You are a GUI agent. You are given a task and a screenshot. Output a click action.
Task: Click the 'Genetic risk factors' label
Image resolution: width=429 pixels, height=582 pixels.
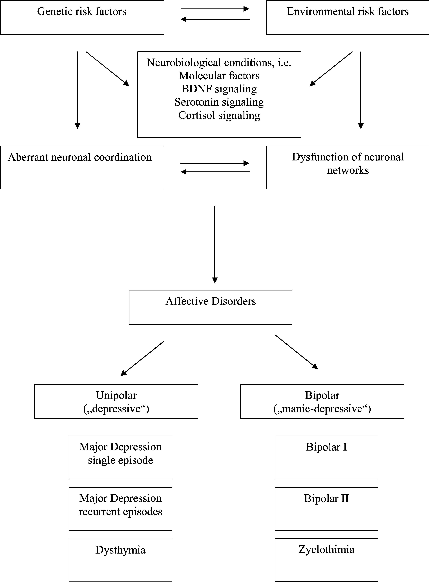pyautogui.click(x=82, y=11)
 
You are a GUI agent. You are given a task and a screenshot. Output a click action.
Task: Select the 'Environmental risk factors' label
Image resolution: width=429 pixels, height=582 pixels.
pyautogui.click(x=348, y=11)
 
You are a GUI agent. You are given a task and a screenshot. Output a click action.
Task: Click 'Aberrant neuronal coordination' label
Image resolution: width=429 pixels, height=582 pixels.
pyautogui.click(x=80, y=157)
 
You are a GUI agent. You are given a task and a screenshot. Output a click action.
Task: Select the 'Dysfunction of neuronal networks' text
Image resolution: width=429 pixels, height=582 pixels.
pyautogui.click(x=348, y=164)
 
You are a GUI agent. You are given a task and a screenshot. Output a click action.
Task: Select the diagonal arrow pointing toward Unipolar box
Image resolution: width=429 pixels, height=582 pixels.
pyautogui.click(x=142, y=359)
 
